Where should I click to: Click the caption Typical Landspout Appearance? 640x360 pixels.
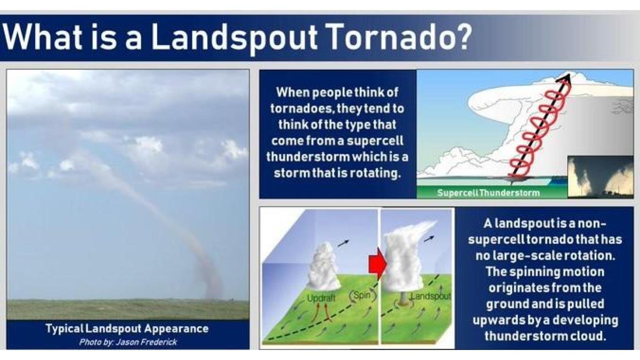(x=127, y=328)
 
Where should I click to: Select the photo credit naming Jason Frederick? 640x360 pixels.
(x=128, y=342)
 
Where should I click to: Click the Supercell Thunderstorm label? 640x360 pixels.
(x=488, y=192)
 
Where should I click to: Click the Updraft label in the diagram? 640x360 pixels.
(x=321, y=298)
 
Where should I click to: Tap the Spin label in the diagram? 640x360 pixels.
(x=362, y=295)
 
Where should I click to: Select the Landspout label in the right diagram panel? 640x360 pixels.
(x=431, y=296)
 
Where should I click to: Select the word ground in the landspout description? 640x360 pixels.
(x=505, y=304)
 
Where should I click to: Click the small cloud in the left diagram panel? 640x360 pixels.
(x=323, y=267)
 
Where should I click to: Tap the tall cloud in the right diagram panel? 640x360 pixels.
(x=402, y=258)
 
